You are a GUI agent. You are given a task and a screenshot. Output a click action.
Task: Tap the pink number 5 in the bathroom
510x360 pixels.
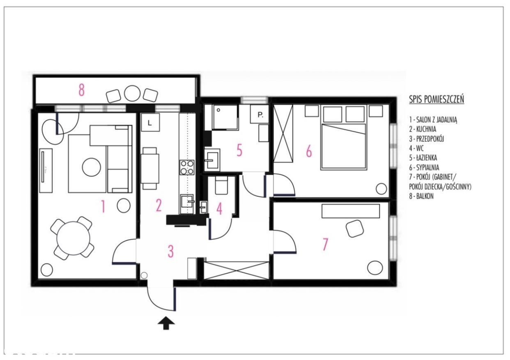tap(239, 150)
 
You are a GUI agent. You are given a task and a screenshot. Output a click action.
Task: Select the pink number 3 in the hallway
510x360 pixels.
tap(170, 251)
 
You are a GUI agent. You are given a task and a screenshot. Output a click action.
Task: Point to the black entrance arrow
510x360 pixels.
tap(166, 323)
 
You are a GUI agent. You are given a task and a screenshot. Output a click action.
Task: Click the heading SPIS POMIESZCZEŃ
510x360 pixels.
tap(436, 99)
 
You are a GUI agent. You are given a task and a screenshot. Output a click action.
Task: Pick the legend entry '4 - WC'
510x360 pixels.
tap(416, 148)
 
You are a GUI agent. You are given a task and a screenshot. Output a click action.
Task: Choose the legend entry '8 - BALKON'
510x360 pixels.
tap(421, 196)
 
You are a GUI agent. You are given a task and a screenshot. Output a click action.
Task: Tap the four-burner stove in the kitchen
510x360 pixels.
tap(187, 167)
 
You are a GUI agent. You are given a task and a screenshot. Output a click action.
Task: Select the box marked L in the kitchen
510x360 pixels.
tap(150, 122)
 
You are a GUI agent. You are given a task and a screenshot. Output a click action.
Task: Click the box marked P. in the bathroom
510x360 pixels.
tap(260, 114)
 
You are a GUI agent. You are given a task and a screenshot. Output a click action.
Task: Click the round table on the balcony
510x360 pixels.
tap(132, 93)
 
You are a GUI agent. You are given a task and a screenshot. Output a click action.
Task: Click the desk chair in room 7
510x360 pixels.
tap(354, 228)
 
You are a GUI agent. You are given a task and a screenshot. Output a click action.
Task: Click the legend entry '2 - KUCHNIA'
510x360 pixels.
tap(423, 129)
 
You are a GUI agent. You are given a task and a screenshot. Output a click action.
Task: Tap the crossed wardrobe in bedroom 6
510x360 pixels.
tap(283, 133)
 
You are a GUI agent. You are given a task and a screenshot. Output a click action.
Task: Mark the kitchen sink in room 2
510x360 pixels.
tap(187, 201)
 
